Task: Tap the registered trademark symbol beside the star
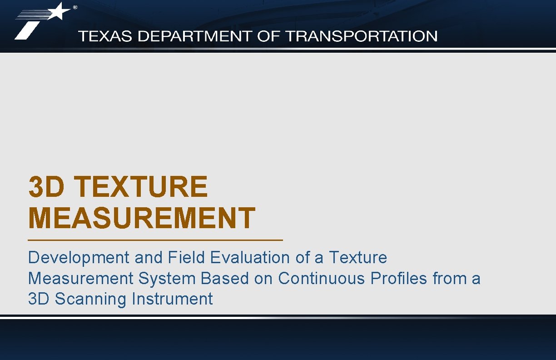coord(75,7)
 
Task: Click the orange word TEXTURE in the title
coord(141,187)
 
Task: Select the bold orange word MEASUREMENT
coord(142,218)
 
